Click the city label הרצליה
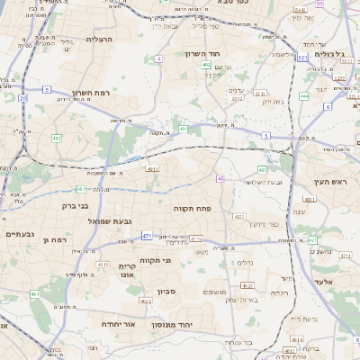[98, 40]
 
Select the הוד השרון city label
[213, 54]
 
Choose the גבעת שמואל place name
[111, 220]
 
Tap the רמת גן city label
[56, 239]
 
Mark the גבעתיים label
[19, 234]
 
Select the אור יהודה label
[118, 322]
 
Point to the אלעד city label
[324, 282]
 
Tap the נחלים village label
[244, 263]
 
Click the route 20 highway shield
[22, 97]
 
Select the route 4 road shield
[158, 58]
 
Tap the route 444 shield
[304, 94]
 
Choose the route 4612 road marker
[104, 264]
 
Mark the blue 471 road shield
[146, 236]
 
